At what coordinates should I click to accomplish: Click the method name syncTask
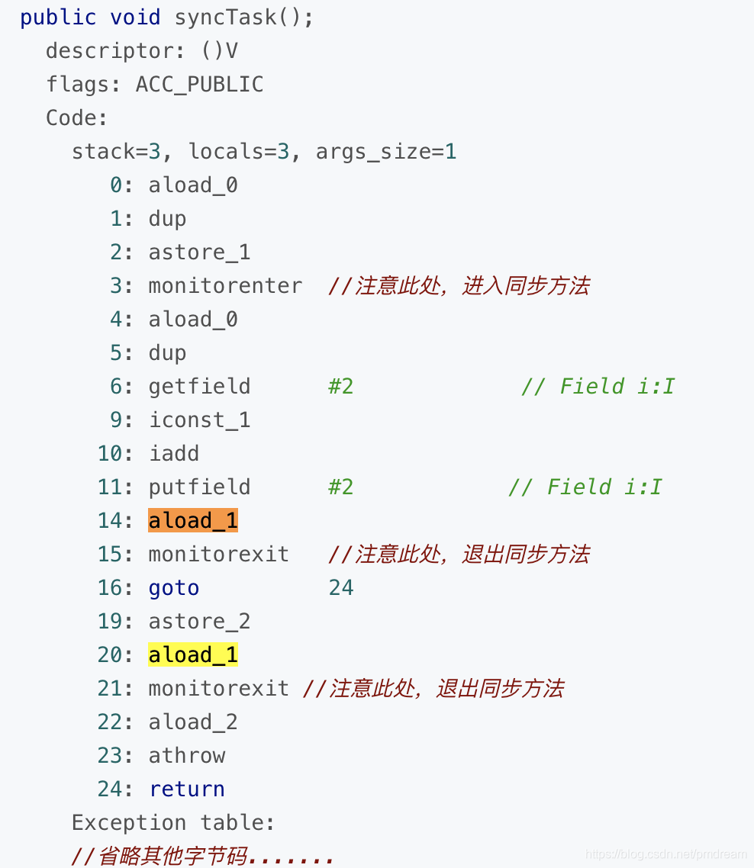click(x=225, y=18)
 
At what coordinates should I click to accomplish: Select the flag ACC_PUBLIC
click(x=199, y=84)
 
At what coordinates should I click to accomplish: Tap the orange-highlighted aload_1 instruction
click(x=193, y=520)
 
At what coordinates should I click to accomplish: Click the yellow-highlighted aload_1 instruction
click(x=193, y=654)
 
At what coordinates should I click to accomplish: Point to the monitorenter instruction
click(x=225, y=286)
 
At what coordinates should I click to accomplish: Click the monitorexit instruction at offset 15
click(x=219, y=554)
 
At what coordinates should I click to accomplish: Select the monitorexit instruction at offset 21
click(x=219, y=688)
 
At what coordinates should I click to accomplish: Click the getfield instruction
click(x=199, y=386)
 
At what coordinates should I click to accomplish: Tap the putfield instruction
click(x=199, y=487)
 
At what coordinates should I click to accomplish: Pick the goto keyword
click(x=174, y=588)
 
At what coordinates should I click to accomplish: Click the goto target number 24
click(x=341, y=588)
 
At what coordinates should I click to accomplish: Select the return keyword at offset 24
click(x=187, y=789)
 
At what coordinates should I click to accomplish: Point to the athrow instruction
click(x=187, y=755)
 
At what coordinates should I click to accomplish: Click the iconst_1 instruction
click(x=199, y=420)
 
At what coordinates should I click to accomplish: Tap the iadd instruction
click(x=174, y=453)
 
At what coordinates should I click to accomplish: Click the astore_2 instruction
click(x=199, y=622)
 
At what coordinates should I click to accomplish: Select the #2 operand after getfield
click(x=341, y=386)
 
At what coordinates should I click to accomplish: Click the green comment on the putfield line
click(x=585, y=487)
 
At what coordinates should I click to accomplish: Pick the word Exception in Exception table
click(x=128, y=822)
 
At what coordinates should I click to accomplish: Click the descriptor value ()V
click(x=219, y=51)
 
